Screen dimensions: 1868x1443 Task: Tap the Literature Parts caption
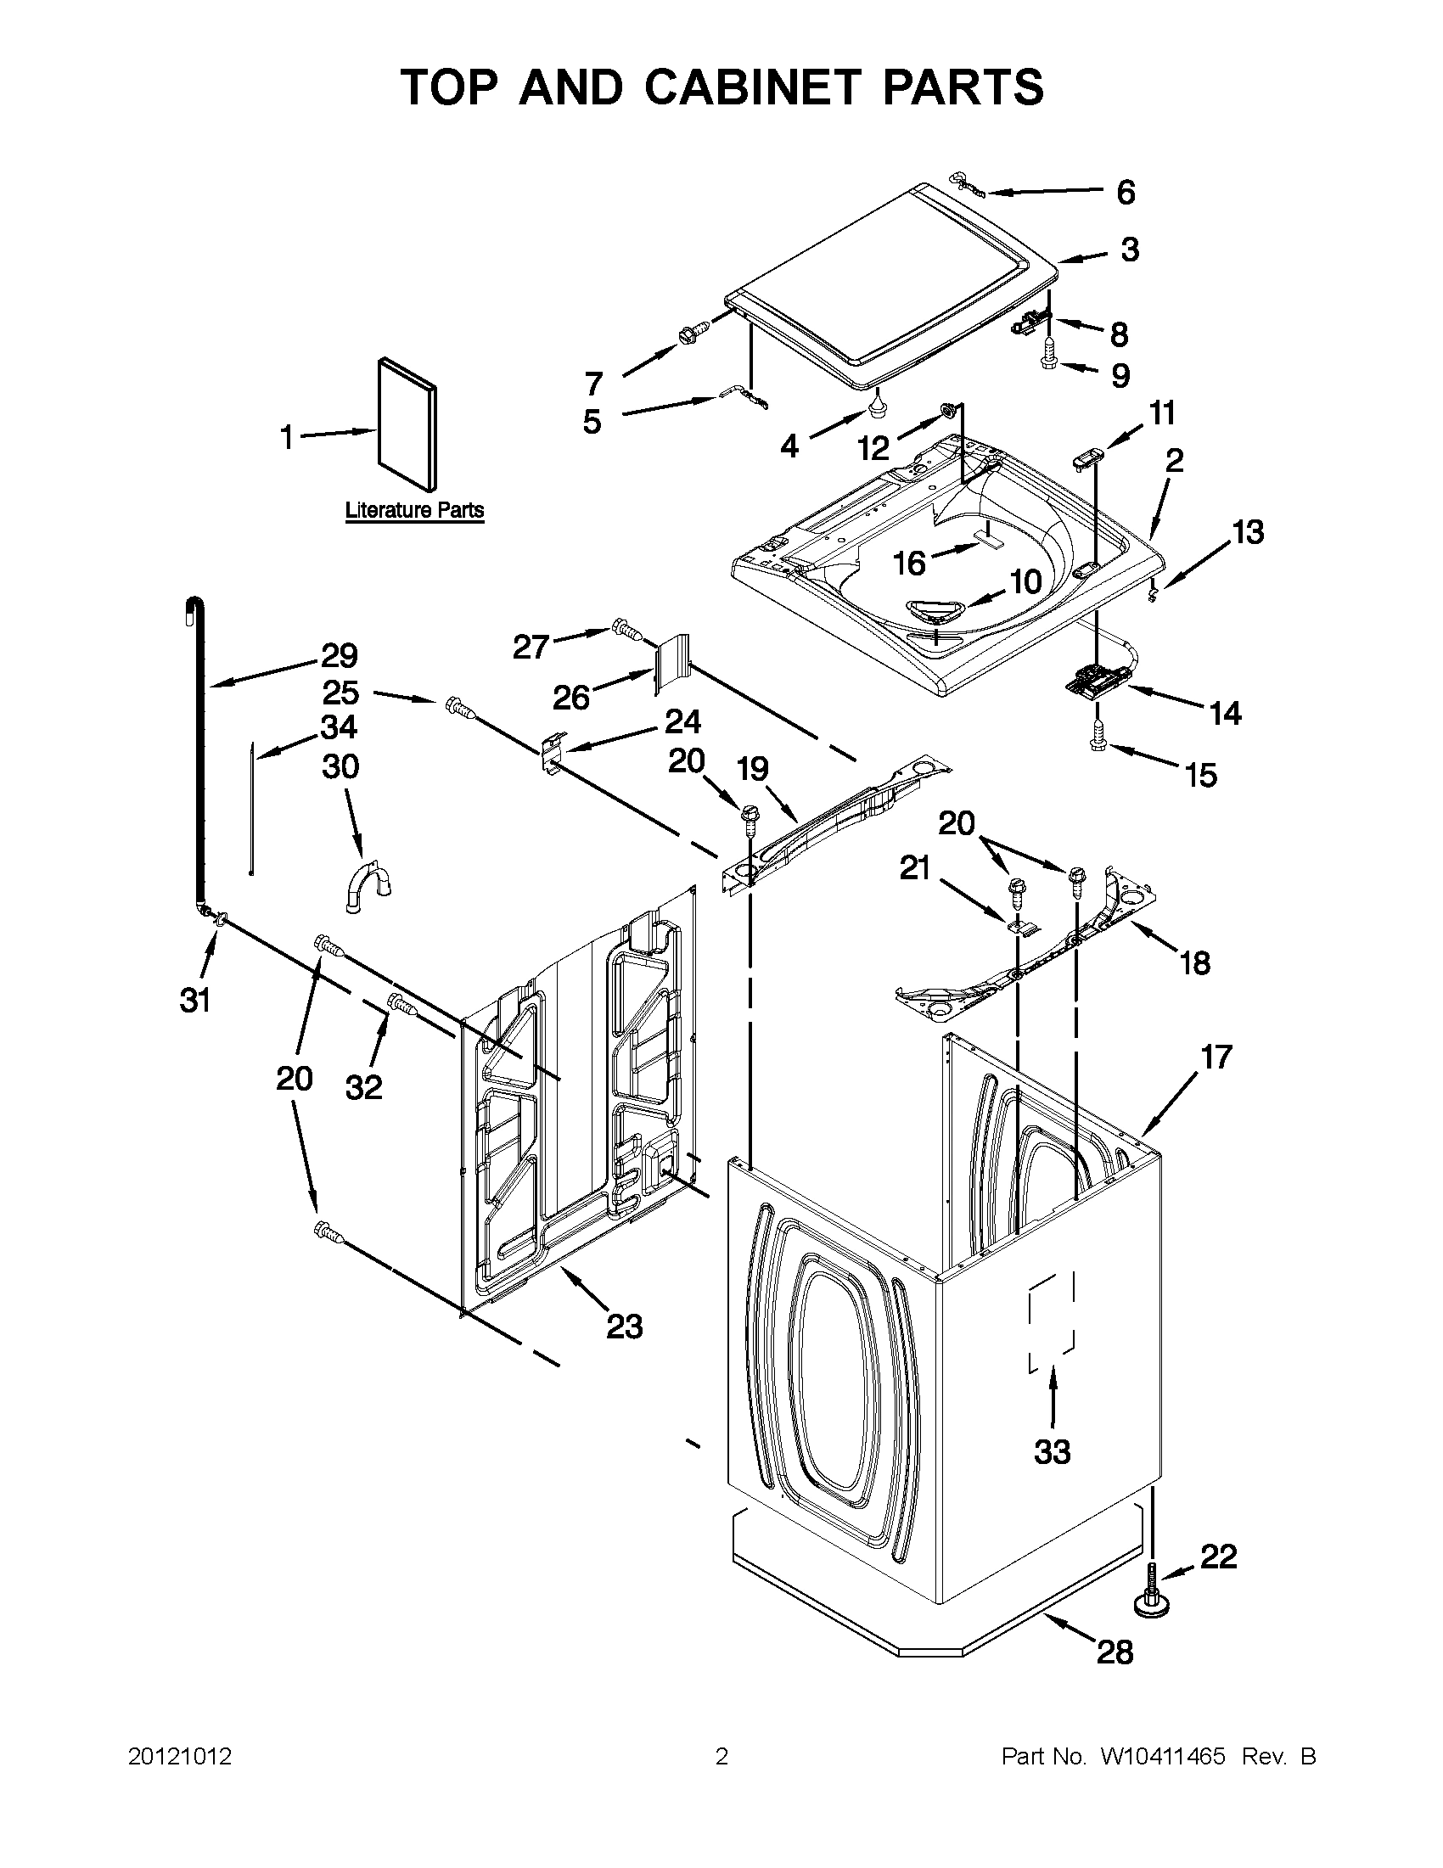click(x=414, y=511)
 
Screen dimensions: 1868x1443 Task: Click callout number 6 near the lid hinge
click(x=1126, y=193)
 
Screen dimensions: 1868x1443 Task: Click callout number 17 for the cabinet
click(x=1216, y=1057)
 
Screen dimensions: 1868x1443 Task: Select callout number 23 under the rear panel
click(x=624, y=1326)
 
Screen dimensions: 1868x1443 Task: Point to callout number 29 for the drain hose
click(x=339, y=656)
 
